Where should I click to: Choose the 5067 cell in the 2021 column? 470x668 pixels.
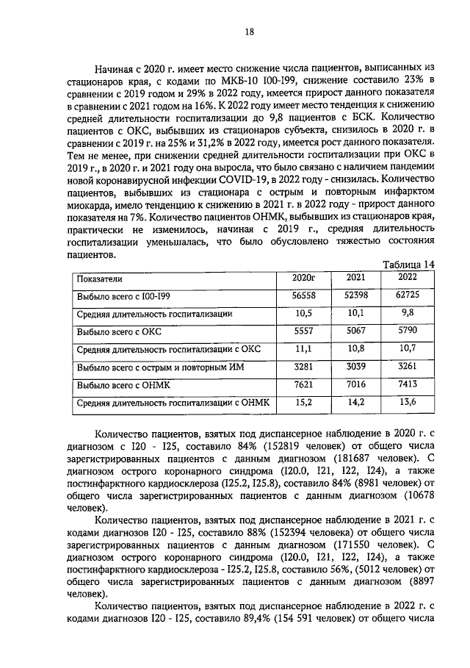point(355,331)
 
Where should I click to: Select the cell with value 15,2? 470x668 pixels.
point(303,401)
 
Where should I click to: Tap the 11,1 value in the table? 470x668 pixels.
point(303,348)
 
